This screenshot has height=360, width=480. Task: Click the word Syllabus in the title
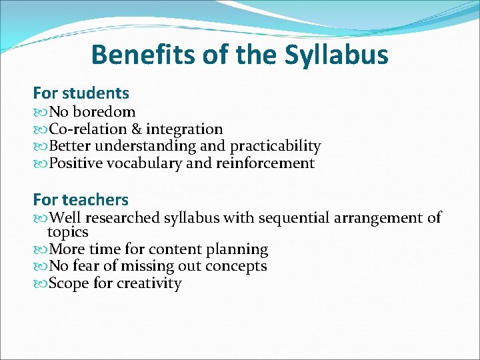point(336,55)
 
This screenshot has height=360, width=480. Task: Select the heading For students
point(81,93)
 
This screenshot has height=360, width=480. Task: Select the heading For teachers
point(81,199)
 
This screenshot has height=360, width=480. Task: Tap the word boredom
point(103,111)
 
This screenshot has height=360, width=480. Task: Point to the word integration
point(184,129)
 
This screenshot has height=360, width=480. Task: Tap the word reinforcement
point(265,163)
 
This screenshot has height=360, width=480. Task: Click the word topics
point(67,233)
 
